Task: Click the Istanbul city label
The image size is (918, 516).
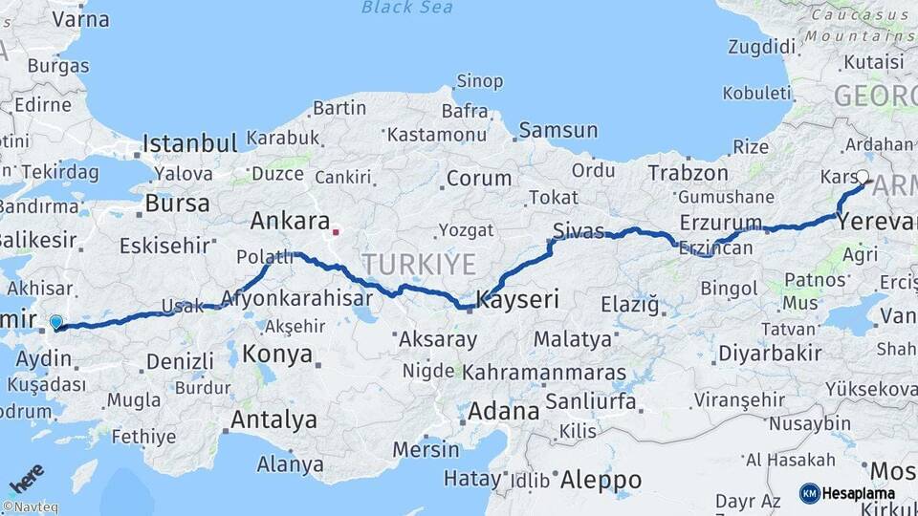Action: (x=189, y=144)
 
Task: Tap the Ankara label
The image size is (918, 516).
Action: (x=290, y=221)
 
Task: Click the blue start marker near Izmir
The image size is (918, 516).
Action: (x=56, y=323)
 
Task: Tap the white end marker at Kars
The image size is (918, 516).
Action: (x=863, y=176)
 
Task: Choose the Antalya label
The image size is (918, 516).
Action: (x=274, y=419)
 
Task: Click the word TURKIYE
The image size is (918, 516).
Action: (x=418, y=263)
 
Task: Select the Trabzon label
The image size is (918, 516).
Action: (x=688, y=173)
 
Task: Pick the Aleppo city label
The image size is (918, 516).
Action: (x=601, y=478)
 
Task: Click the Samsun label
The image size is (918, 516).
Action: (x=558, y=130)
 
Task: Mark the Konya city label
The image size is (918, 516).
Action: (x=278, y=354)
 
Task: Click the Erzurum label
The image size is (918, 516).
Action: (x=721, y=224)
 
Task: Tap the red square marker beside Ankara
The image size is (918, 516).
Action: (x=336, y=230)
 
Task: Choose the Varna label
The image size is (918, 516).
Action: (x=80, y=18)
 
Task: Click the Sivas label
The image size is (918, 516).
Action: (x=579, y=229)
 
